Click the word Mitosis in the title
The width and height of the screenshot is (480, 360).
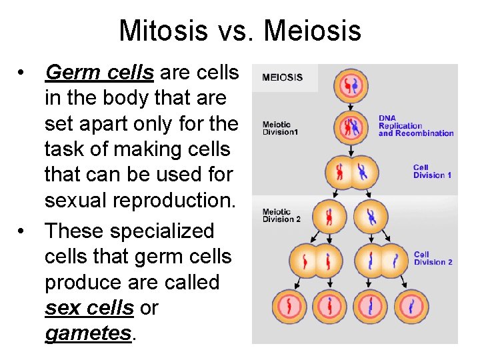[x=161, y=31]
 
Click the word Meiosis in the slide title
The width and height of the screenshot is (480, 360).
[x=312, y=31]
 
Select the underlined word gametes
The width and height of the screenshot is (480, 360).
[x=88, y=333]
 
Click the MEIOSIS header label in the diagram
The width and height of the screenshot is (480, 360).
[x=282, y=77]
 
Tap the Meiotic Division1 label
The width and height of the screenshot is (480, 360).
[x=281, y=128]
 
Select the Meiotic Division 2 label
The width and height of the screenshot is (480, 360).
[x=281, y=216]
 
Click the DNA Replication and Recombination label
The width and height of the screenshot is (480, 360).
[x=415, y=126]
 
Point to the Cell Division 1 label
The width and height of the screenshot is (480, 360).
[x=432, y=171]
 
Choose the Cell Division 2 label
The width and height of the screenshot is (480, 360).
[x=433, y=258]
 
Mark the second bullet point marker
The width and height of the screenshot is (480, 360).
[x=22, y=231]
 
